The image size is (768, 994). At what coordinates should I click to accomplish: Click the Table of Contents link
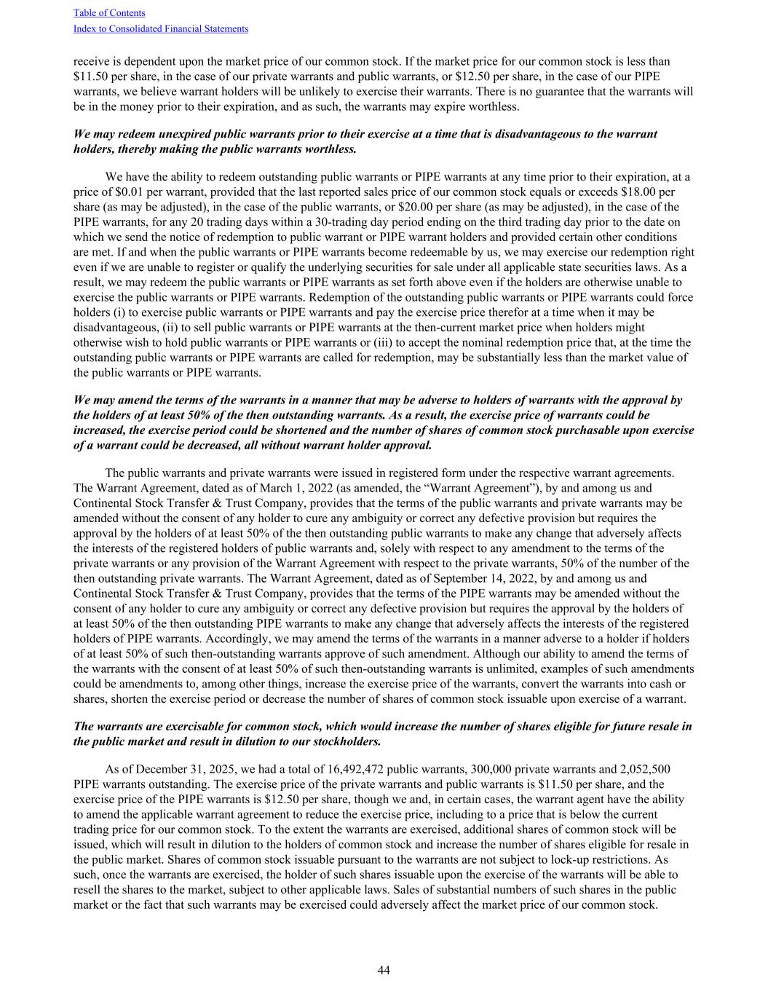[x=109, y=13]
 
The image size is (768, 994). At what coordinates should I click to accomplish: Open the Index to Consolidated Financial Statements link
[x=161, y=29]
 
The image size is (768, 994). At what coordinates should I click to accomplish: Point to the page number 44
[x=384, y=971]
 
